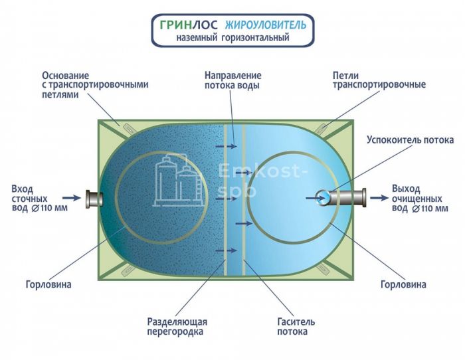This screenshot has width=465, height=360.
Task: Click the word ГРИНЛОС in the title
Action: coord(182,25)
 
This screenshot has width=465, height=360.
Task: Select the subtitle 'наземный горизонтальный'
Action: coord(232,39)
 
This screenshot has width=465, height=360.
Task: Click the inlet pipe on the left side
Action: coord(94,197)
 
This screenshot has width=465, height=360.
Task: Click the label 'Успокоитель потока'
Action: coord(411,140)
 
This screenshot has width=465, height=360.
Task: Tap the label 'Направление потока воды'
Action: coord(232,80)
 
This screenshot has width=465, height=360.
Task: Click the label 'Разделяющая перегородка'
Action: coord(175,326)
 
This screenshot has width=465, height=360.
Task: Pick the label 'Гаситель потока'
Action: coord(297,326)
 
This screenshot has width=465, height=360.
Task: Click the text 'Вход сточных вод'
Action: coord(30,198)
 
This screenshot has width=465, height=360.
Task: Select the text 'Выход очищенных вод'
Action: coord(419,197)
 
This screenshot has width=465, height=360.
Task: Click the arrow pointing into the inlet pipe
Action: coord(71,197)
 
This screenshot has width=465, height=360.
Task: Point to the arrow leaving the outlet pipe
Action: coord(379,197)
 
